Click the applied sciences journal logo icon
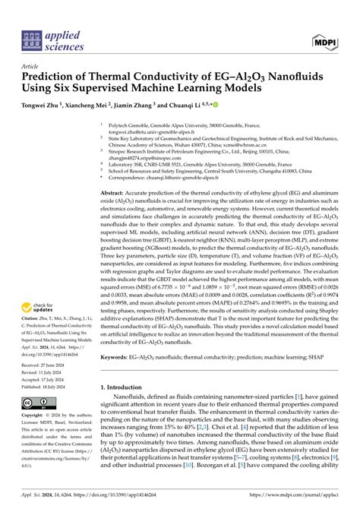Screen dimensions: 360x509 tap(31, 39)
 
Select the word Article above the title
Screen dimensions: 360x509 tap(33, 66)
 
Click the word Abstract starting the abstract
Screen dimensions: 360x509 tap(114, 194)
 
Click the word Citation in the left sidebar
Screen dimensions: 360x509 tap(34, 324)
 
